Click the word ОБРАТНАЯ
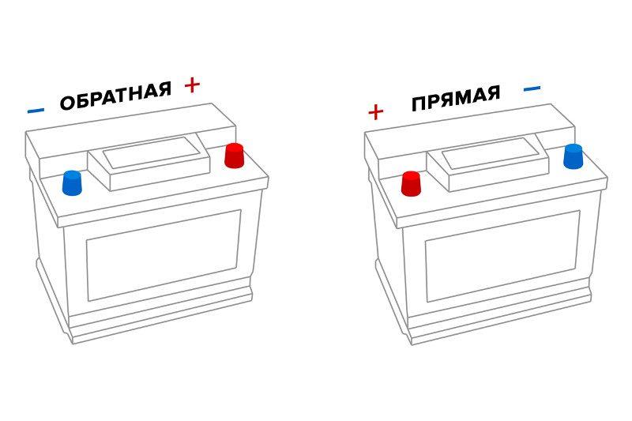115,96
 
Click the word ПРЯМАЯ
456,98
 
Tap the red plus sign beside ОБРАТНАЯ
192,85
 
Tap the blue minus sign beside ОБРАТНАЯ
36,110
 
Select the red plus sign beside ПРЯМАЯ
376,112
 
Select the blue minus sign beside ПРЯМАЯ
532,88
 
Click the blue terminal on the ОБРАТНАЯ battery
72,183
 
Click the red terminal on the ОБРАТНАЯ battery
235,156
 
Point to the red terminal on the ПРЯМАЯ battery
411,184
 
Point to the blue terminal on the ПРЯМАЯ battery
574,156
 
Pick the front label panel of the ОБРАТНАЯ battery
164,255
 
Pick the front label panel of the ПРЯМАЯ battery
502,256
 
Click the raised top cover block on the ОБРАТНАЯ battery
149,164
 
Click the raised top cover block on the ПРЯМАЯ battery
488,164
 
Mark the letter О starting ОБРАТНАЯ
67,103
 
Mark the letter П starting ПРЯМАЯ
419,105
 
